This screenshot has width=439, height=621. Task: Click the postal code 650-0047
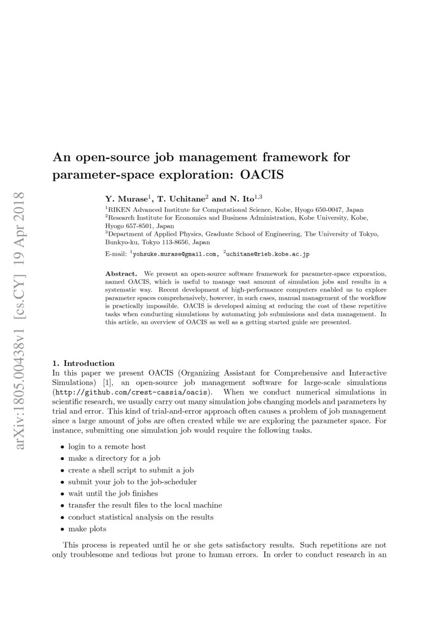pyautogui.click(x=330, y=210)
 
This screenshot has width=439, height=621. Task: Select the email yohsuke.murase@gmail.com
pyautogui.click(x=175, y=254)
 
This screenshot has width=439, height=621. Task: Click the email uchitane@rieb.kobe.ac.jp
pyautogui.click(x=267, y=254)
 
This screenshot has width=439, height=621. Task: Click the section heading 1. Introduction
pyautogui.click(x=83, y=363)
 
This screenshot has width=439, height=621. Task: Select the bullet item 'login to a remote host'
pyautogui.click(x=107, y=446)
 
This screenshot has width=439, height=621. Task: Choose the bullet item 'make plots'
pyautogui.click(x=87, y=529)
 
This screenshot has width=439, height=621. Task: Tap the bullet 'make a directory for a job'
pyautogui.click(x=114, y=458)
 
